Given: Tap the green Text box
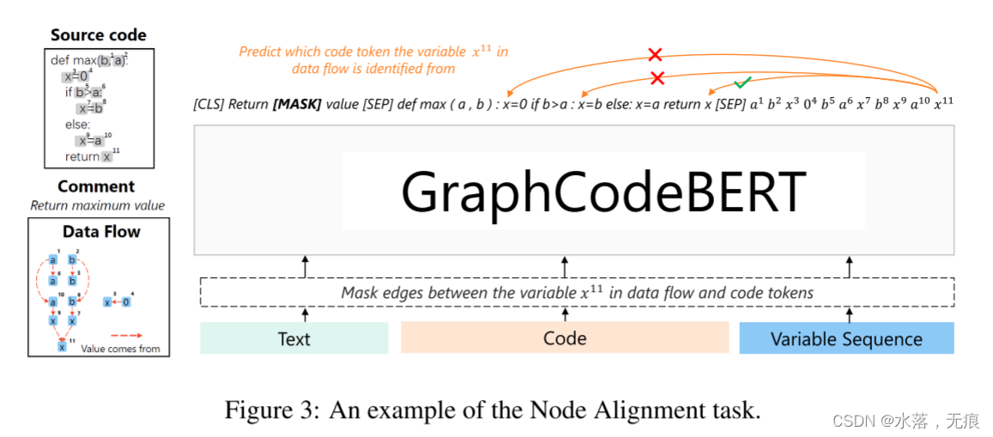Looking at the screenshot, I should pos(294,338).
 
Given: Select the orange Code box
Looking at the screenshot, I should pos(565,338).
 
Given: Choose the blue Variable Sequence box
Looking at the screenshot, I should pos(846,338).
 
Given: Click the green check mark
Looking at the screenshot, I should pos(743,82).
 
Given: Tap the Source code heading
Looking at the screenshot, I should pos(99,35).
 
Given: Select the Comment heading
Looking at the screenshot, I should pos(96,186).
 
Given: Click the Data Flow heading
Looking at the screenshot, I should pos(100,231).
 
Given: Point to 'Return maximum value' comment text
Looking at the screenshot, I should pos(97,205).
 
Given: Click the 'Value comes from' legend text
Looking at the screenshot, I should pos(120,349).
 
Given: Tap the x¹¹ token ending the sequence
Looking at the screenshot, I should pos(943,103).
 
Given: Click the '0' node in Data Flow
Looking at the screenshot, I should pos(125,301).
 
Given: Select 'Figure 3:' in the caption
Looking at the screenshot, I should pos(262,410).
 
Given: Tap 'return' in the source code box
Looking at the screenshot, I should pos(82,157).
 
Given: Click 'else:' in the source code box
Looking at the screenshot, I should pos(77,124).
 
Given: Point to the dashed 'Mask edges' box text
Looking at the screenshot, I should pos(577,293).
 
